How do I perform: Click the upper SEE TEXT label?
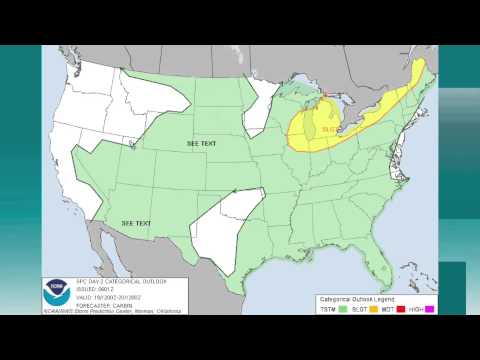click(201, 144)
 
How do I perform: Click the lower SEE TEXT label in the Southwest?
click(136, 222)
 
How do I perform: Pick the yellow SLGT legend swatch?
click(372, 310)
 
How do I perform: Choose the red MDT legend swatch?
click(401, 310)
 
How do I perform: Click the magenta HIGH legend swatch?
click(430, 310)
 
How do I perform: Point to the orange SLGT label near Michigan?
click(355, 128)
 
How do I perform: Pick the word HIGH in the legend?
click(417, 310)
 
